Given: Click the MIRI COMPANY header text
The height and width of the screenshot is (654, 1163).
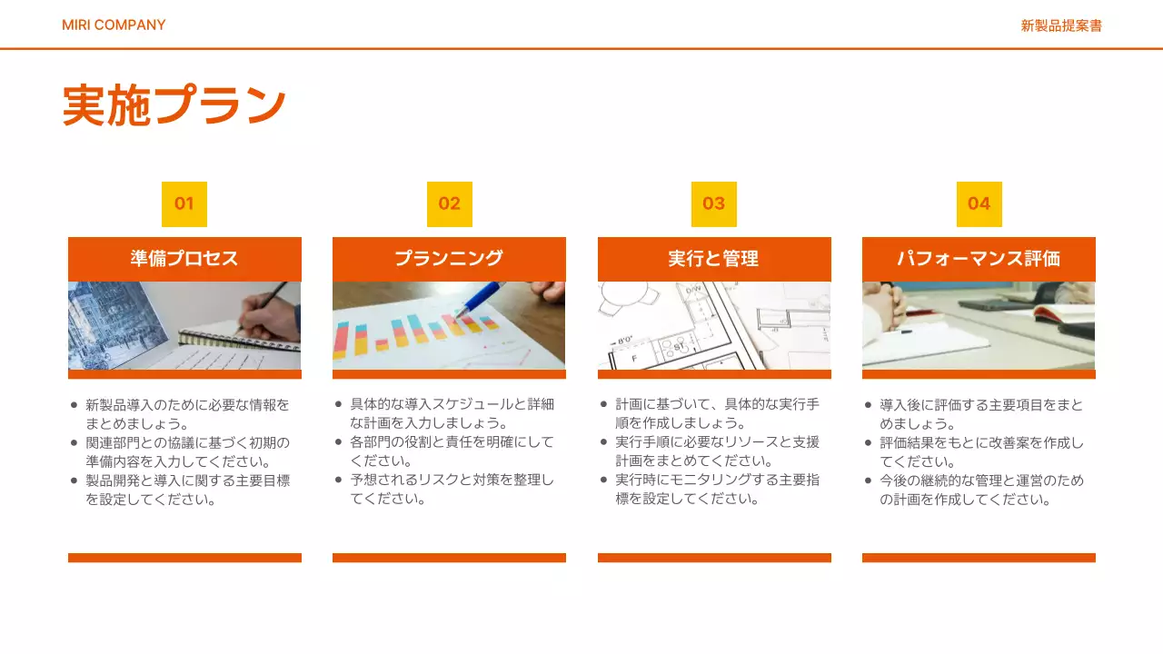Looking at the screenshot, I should pos(114,25).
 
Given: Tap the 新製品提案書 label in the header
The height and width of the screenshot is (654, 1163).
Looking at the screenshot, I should pos(1061,25).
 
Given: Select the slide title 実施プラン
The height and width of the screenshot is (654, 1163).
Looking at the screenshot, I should pos(174,105).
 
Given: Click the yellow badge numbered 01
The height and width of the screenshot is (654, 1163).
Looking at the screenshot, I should pos(184,203).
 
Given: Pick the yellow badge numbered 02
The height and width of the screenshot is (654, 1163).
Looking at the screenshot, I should pos(450,203).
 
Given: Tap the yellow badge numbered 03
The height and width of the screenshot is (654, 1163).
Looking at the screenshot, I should pos(714,203).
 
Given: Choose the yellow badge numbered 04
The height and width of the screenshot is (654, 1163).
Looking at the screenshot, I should pos(979,203).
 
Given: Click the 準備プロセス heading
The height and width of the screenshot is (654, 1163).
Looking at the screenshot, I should pos(184,258).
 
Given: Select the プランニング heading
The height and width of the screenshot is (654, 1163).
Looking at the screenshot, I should pos(449,258).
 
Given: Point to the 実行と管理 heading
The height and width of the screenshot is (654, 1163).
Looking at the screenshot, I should pos(714,258).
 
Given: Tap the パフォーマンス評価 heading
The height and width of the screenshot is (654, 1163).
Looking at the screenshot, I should pos(979,258).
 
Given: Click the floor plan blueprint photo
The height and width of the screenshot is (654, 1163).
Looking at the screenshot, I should pos(714,325).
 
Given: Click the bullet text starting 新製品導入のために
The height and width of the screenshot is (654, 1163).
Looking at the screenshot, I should pos(187,414).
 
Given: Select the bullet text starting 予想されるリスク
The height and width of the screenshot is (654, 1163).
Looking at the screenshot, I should pos(452,489).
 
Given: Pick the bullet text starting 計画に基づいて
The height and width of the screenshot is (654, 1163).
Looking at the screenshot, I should pos(717,414).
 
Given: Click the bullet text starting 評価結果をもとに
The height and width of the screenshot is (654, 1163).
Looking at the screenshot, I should pos(981,451).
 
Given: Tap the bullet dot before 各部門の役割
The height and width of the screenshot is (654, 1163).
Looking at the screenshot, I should pos(339,442).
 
